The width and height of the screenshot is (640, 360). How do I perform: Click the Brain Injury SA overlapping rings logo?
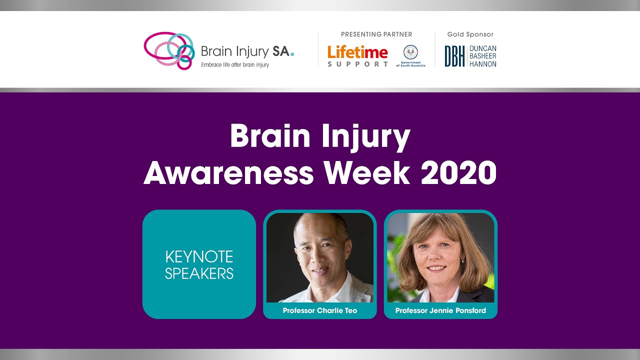click(x=168, y=50)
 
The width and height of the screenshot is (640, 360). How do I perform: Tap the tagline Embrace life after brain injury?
click(x=235, y=65)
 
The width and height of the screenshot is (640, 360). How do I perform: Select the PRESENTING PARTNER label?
click(x=376, y=34)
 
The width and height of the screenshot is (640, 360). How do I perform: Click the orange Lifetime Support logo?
click(x=357, y=56)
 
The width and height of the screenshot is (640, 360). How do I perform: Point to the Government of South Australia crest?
click(x=410, y=52)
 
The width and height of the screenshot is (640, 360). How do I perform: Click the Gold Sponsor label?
click(x=470, y=34)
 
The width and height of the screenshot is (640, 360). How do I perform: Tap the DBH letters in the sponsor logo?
click(x=454, y=56)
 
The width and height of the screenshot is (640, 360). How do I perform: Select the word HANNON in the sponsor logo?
click(x=482, y=64)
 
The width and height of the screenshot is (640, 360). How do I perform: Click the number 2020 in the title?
click(x=458, y=172)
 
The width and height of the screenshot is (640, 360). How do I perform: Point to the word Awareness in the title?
click(x=228, y=172)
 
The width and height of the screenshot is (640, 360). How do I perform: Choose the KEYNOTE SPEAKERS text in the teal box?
click(x=199, y=265)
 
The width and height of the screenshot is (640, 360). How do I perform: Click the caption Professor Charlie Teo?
click(x=320, y=310)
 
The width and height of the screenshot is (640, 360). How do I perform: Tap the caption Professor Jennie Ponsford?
click(x=440, y=310)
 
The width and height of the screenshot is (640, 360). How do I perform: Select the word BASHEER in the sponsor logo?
click(x=483, y=56)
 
